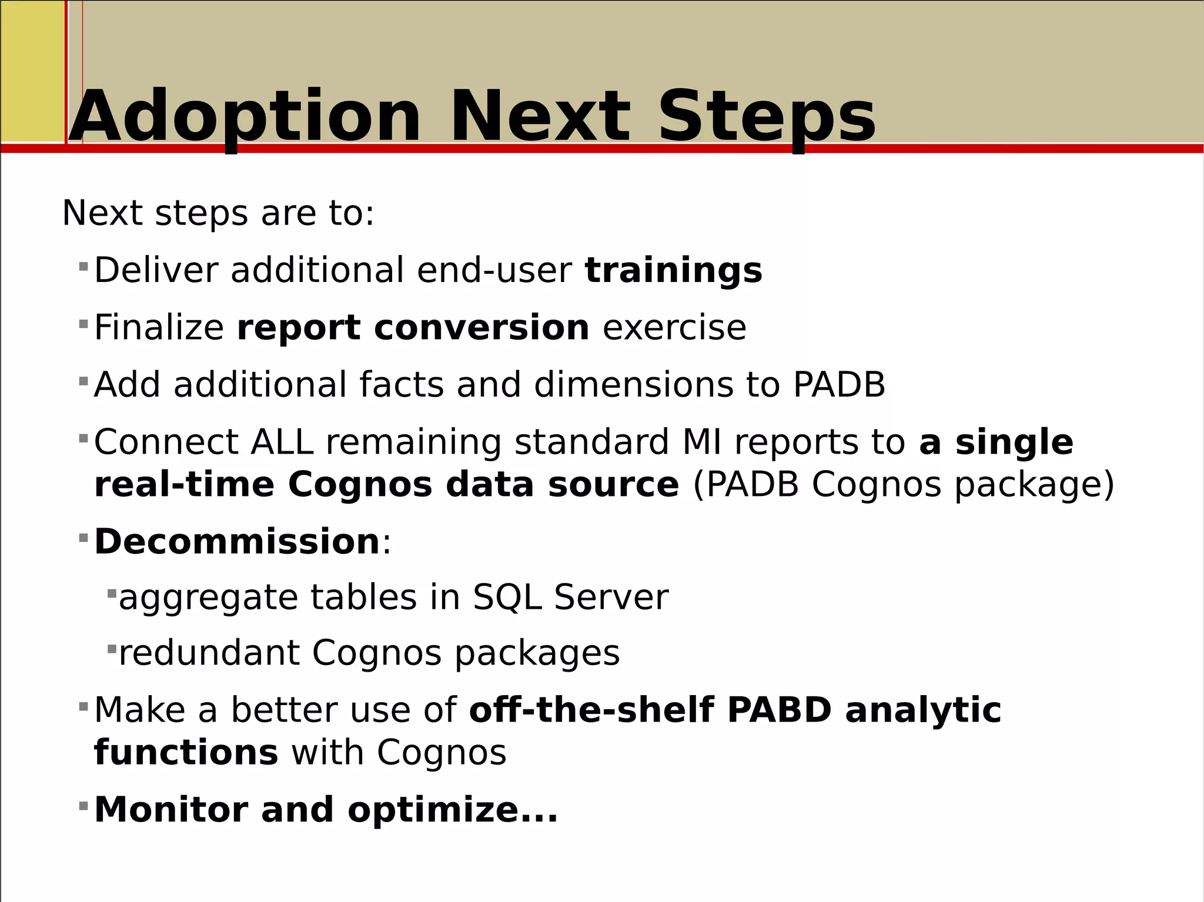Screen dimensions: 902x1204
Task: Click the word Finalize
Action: coord(159,327)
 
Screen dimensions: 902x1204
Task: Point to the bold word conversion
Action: coord(481,327)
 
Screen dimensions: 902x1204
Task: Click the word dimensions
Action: coord(633,385)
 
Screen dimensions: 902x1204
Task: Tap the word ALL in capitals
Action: coord(282,442)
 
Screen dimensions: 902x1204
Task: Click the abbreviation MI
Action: coord(701,442)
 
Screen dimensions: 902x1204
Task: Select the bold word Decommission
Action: coord(237,541)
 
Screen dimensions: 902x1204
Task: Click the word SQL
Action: coord(507,598)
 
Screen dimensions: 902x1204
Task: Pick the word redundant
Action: coord(209,653)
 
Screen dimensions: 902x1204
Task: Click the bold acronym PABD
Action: coord(779,710)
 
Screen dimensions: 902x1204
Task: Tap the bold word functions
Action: coord(186,753)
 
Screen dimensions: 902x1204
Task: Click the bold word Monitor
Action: coord(171,810)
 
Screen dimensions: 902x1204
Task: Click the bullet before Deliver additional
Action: coord(83,267)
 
